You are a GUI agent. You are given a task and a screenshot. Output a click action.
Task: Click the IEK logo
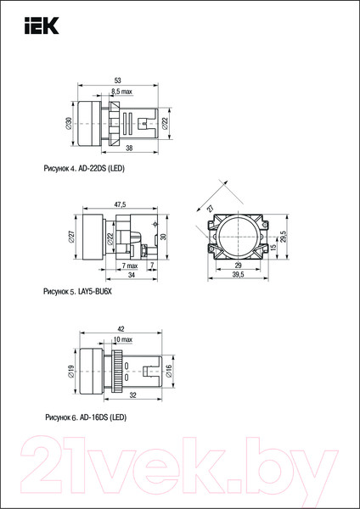point(42,25)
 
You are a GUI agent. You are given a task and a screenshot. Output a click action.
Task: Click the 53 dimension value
point(118,81)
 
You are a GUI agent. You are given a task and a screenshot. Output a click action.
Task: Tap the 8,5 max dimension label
point(122,92)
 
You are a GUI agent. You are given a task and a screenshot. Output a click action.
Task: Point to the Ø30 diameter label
point(69,124)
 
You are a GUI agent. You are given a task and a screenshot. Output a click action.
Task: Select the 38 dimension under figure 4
point(129,148)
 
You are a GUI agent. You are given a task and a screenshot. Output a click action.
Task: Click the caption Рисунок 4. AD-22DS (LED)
point(84,169)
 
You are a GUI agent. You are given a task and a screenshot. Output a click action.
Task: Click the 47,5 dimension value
point(121,204)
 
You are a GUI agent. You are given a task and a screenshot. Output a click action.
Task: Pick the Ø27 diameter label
point(72,237)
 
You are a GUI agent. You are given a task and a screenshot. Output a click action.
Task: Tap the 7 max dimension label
point(130,266)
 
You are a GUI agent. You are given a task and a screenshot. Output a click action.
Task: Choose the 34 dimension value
point(132,275)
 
